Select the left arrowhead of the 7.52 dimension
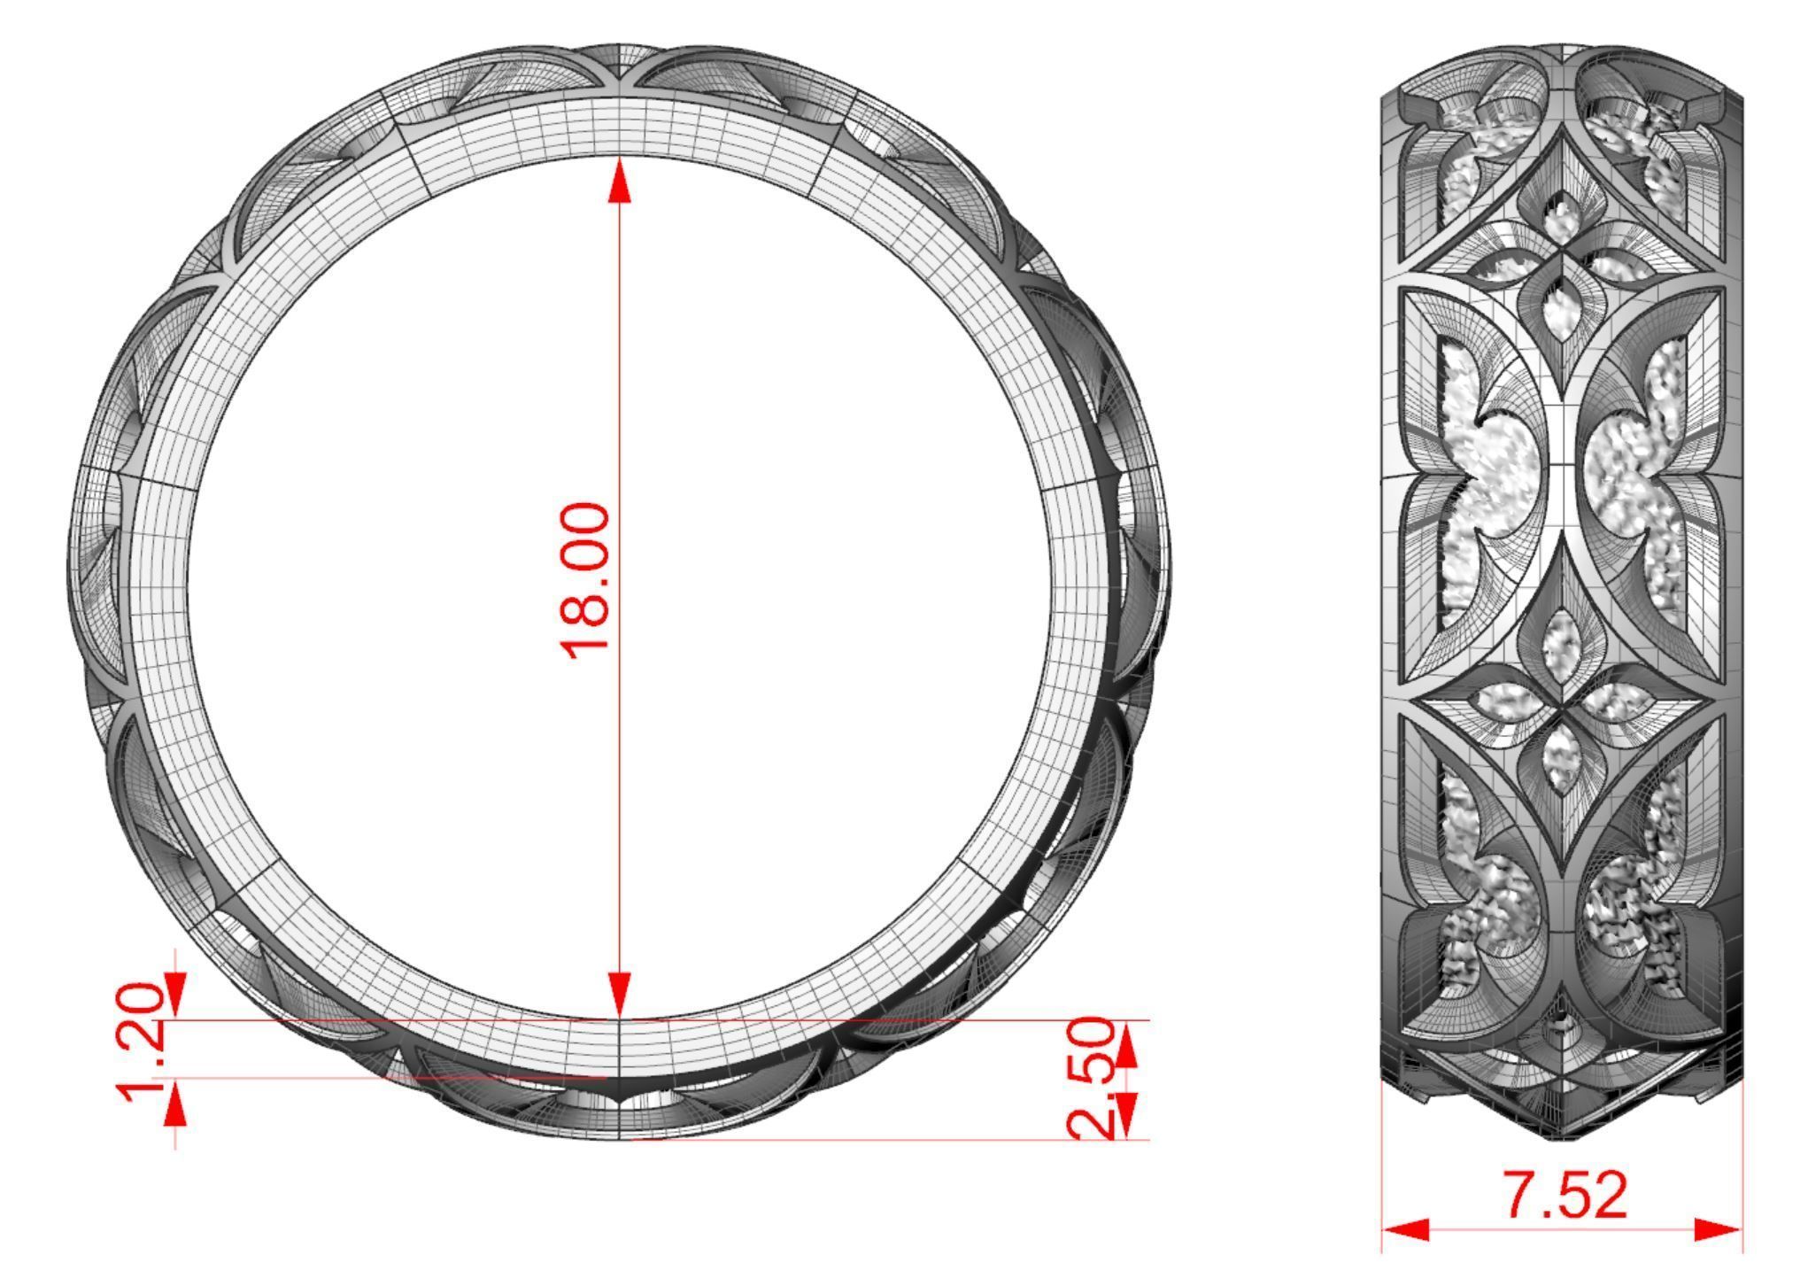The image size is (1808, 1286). click(1406, 1229)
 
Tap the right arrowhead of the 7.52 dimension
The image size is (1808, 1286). click(1718, 1229)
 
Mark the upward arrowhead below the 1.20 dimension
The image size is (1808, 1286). click(176, 1105)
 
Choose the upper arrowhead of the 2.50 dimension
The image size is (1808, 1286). click(1124, 1045)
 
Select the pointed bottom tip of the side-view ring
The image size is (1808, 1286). click(1563, 1137)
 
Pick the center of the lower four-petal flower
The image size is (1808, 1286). click(1563, 709)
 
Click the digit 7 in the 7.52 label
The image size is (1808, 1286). click(1523, 1196)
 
